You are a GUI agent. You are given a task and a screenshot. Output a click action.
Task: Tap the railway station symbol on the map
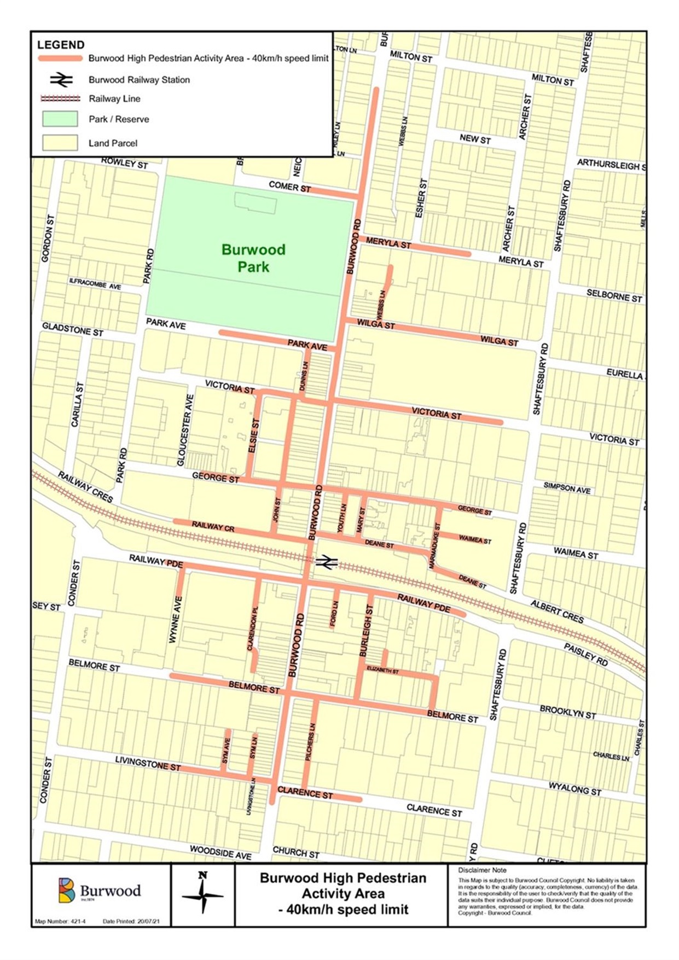pos(326,562)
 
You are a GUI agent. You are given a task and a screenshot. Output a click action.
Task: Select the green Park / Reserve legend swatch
pos(60,119)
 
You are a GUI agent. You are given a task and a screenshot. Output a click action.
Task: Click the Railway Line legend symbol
pos(60,98)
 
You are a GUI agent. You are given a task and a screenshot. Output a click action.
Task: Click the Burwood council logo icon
pos(67,890)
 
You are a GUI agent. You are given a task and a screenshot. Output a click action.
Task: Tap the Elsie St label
pos(253,435)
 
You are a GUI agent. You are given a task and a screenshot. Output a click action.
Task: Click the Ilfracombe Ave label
pos(95,283)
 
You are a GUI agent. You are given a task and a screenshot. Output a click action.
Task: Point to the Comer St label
pos(289,187)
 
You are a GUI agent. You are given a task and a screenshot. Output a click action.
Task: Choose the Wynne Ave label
pos(176,619)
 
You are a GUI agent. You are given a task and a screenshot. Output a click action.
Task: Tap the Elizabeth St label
pos(382,670)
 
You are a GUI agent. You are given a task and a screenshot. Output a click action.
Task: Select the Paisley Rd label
pos(586,654)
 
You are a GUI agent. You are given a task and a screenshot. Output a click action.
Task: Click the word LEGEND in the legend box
pos(61,45)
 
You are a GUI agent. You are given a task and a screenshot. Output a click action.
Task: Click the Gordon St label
pos(47,238)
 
